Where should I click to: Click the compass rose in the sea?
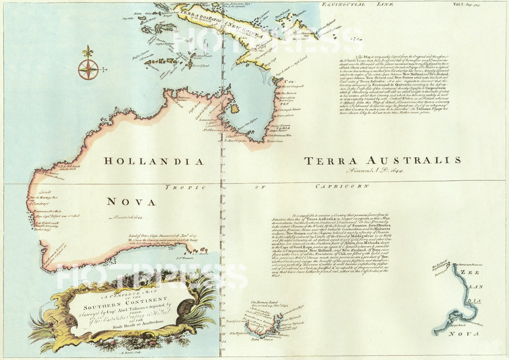[89, 69]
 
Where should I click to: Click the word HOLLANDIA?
[154, 161]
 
